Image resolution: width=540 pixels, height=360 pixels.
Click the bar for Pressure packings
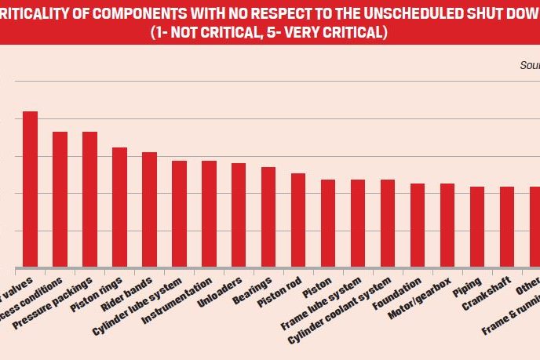[89, 199]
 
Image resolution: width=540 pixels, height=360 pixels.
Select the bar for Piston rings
[119, 207]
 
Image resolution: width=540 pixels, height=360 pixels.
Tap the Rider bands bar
[149, 209]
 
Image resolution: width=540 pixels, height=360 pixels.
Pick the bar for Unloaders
[239, 215]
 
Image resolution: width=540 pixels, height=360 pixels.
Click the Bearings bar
[268, 217]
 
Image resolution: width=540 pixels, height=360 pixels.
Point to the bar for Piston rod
[298, 220]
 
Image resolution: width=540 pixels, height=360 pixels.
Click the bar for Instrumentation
[209, 214]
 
